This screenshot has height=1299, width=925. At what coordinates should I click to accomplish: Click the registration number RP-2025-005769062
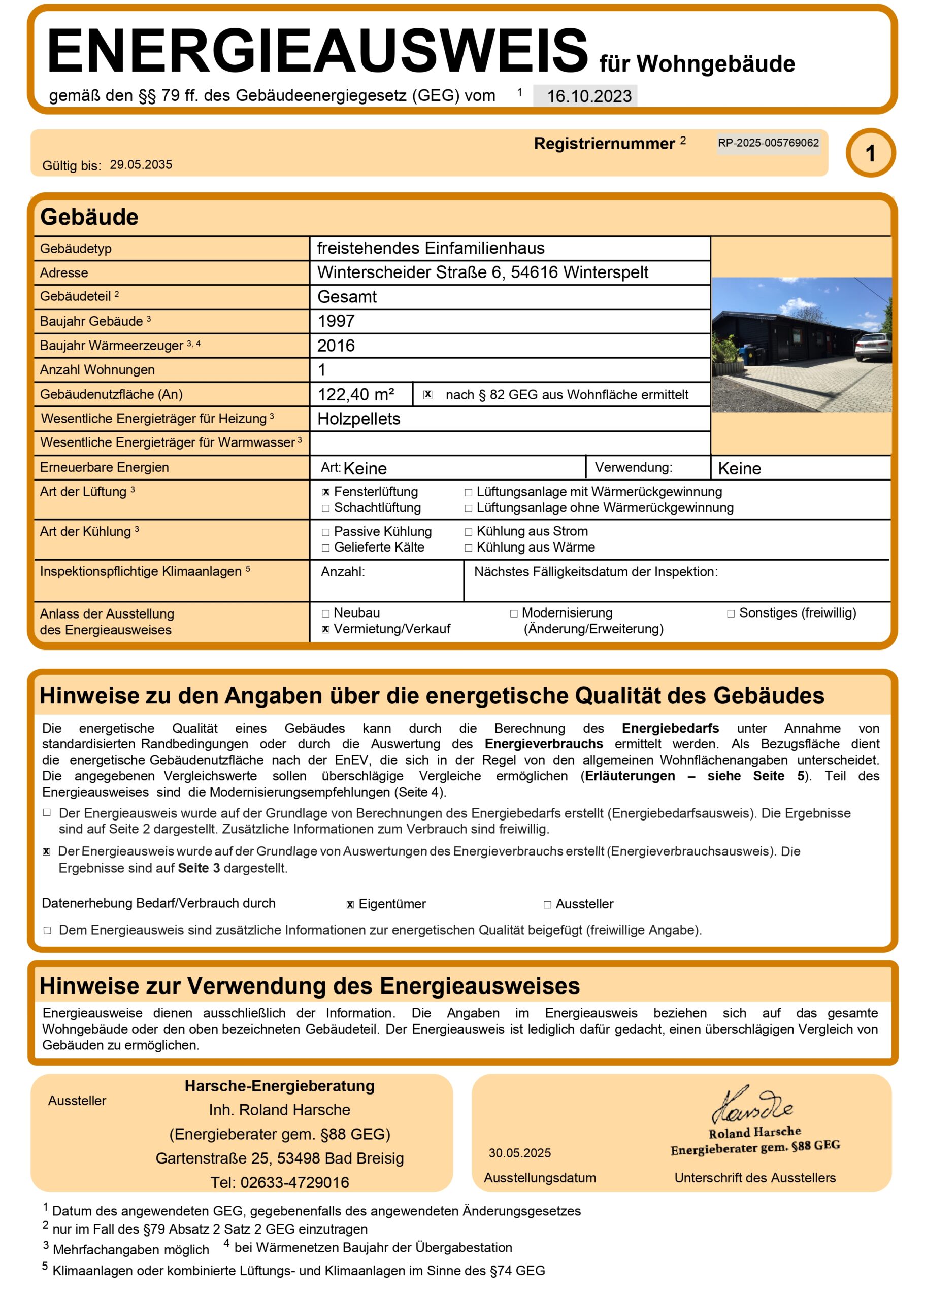(768, 143)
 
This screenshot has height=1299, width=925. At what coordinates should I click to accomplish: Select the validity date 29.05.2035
(141, 165)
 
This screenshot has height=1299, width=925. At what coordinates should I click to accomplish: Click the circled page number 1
(870, 153)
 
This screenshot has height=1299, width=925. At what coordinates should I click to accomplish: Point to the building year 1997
(336, 321)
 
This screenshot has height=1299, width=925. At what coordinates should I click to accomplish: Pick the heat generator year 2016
(336, 346)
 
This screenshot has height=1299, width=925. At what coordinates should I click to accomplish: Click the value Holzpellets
(359, 419)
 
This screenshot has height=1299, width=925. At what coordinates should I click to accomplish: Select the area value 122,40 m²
(356, 394)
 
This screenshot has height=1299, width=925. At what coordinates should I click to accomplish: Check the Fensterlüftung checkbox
(326, 492)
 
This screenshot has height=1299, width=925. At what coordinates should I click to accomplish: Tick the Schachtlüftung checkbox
(326, 508)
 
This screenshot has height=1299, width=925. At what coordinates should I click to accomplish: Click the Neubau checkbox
(326, 613)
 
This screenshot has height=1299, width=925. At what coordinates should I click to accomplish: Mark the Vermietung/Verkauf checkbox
(326, 630)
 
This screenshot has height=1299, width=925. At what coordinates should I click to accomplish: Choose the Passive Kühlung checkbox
(326, 532)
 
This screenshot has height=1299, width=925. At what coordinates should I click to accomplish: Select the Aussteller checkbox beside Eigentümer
(547, 905)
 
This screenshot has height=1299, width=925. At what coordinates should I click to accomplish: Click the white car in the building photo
(873, 348)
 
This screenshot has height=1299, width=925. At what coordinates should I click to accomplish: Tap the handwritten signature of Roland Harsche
(752, 1106)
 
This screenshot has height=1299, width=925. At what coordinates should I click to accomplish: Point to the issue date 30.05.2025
(519, 1153)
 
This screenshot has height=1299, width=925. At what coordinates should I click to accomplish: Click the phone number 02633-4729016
(294, 1183)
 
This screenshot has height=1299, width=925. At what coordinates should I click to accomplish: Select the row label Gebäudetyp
(76, 249)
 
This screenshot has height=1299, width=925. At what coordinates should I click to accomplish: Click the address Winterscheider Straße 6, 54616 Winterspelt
(482, 272)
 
